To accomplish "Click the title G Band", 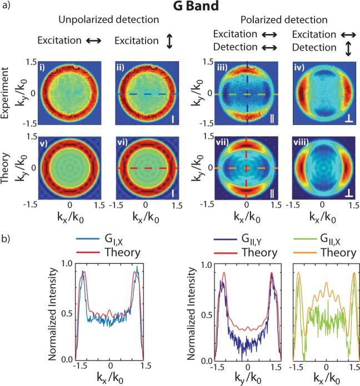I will (x=179, y=8).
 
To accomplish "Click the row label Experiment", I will (x=7, y=92).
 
